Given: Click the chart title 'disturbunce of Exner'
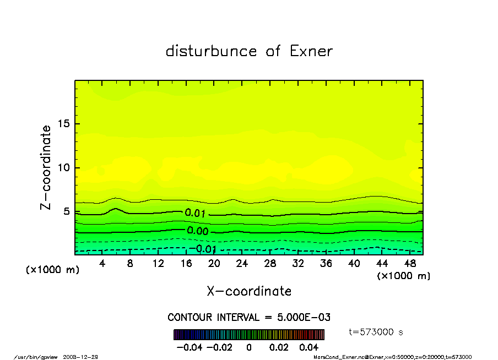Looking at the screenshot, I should click(249, 51).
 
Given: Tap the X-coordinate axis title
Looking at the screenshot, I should click(249, 291).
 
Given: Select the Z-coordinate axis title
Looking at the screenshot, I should click(46, 167).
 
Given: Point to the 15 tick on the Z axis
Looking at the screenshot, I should click(65, 124).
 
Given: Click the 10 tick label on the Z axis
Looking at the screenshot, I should click(65, 168).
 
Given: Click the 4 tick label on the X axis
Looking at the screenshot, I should click(102, 263).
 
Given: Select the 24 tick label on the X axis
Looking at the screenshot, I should click(242, 263).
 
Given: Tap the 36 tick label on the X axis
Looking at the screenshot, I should click(326, 263).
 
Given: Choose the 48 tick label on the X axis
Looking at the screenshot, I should click(409, 263).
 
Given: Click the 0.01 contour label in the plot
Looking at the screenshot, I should click(196, 213).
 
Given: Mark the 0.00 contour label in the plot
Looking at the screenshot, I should click(198, 231).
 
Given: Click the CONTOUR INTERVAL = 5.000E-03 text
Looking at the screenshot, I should click(249, 318).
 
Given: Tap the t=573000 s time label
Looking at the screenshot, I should click(377, 332).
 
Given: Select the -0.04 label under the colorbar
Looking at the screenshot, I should click(185, 347).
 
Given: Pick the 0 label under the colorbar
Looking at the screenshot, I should click(249, 347).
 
